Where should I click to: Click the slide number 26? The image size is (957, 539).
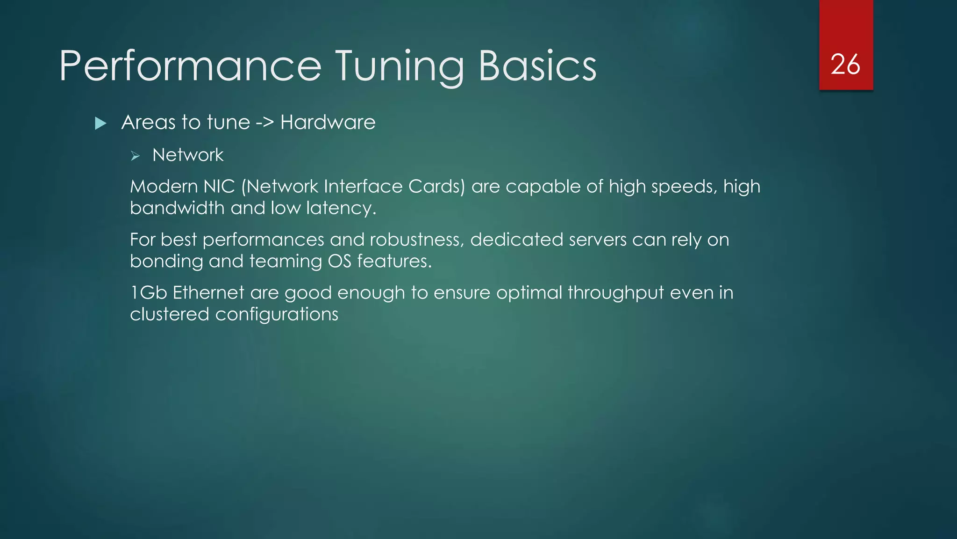(x=845, y=65)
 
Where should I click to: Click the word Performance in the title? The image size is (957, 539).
(x=190, y=66)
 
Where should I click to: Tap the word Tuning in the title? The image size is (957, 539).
(x=400, y=66)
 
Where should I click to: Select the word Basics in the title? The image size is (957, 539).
(x=537, y=66)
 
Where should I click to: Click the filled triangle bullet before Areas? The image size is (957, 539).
(x=100, y=124)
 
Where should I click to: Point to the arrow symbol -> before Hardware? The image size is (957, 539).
(x=264, y=123)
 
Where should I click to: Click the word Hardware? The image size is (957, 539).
(x=328, y=123)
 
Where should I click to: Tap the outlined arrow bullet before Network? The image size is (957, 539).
(x=136, y=156)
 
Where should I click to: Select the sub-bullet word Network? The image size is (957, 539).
(x=188, y=155)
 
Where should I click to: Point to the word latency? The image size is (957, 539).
(x=341, y=208)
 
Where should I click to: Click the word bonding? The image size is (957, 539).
(x=166, y=261)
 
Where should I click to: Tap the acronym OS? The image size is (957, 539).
(x=339, y=261)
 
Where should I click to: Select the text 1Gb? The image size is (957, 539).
(x=149, y=293)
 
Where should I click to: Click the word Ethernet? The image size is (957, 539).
(x=208, y=293)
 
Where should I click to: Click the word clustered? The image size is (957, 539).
(x=169, y=314)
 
